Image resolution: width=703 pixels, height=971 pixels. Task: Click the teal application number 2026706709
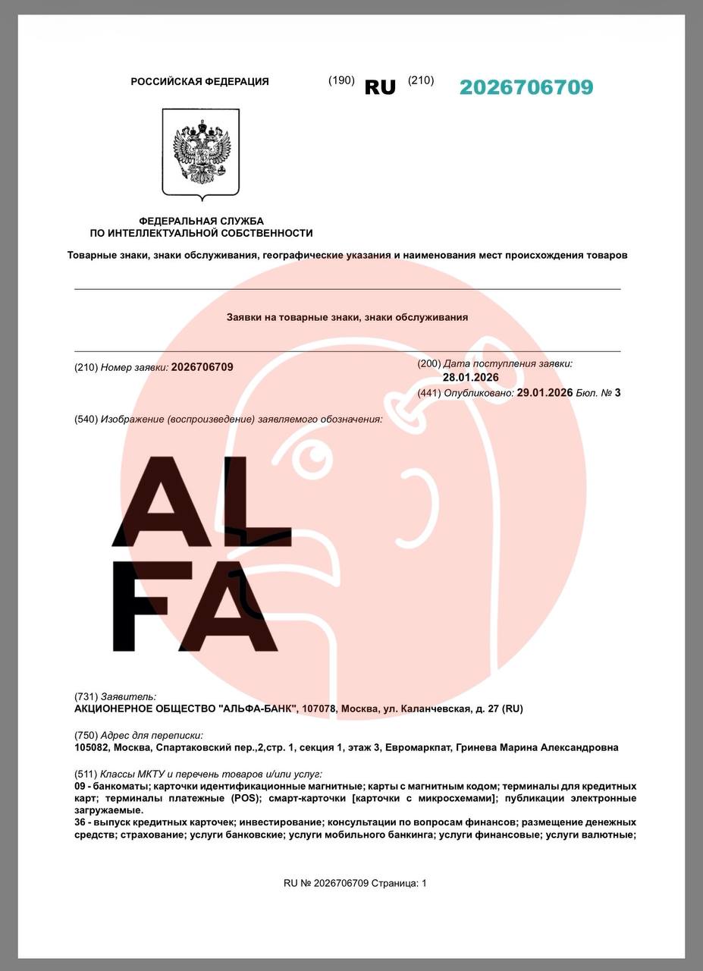pyautogui.click(x=526, y=87)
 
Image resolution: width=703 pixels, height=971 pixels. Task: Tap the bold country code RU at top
pyautogui.click(x=380, y=87)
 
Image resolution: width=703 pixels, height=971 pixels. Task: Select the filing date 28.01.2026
pyautogui.click(x=471, y=377)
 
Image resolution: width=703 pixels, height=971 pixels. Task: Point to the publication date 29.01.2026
pyautogui.click(x=545, y=392)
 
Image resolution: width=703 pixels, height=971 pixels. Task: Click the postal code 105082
pyautogui.click(x=93, y=747)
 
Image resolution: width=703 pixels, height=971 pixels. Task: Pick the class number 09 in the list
pyautogui.click(x=80, y=787)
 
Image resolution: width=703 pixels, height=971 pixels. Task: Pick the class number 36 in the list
pyautogui.click(x=80, y=822)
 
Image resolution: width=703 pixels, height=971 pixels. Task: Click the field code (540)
pyautogui.click(x=86, y=419)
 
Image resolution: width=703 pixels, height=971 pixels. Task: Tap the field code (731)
pyautogui.click(x=86, y=696)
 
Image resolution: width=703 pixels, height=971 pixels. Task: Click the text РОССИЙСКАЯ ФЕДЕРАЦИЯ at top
pyautogui.click(x=199, y=82)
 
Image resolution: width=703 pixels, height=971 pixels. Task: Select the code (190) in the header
pyautogui.click(x=341, y=80)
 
